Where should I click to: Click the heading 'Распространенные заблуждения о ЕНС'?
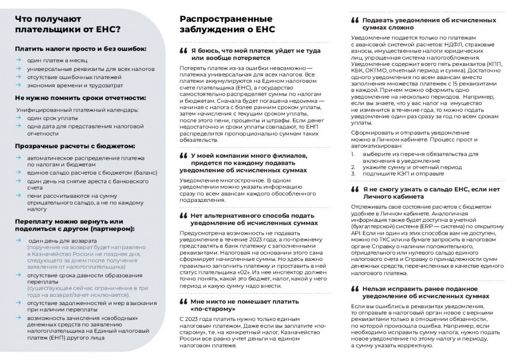[x=227, y=24]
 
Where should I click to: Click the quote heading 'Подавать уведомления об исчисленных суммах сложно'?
[x=429, y=24]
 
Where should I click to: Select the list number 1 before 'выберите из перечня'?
[x=353, y=154]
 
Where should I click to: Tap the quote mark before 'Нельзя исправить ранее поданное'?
[x=355, y=289]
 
